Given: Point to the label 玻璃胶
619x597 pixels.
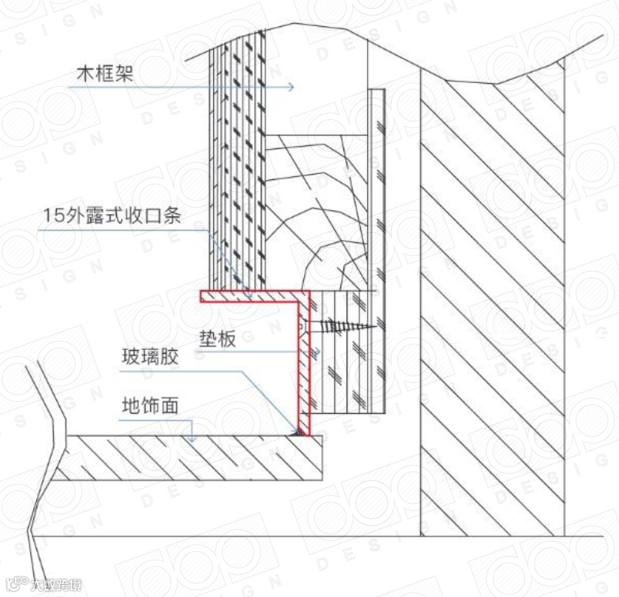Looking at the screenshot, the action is [x=150, y=357].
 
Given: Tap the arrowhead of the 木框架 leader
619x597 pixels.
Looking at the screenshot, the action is [x=291, y=87].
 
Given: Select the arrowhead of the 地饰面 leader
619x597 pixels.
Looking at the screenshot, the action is [x=189, y=436].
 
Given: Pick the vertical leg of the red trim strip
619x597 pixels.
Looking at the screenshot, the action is [x=304, y=363].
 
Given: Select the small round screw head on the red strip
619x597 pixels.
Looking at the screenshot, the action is [x=300, y=325].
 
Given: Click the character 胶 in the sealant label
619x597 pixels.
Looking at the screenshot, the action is [x=170, y=357].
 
